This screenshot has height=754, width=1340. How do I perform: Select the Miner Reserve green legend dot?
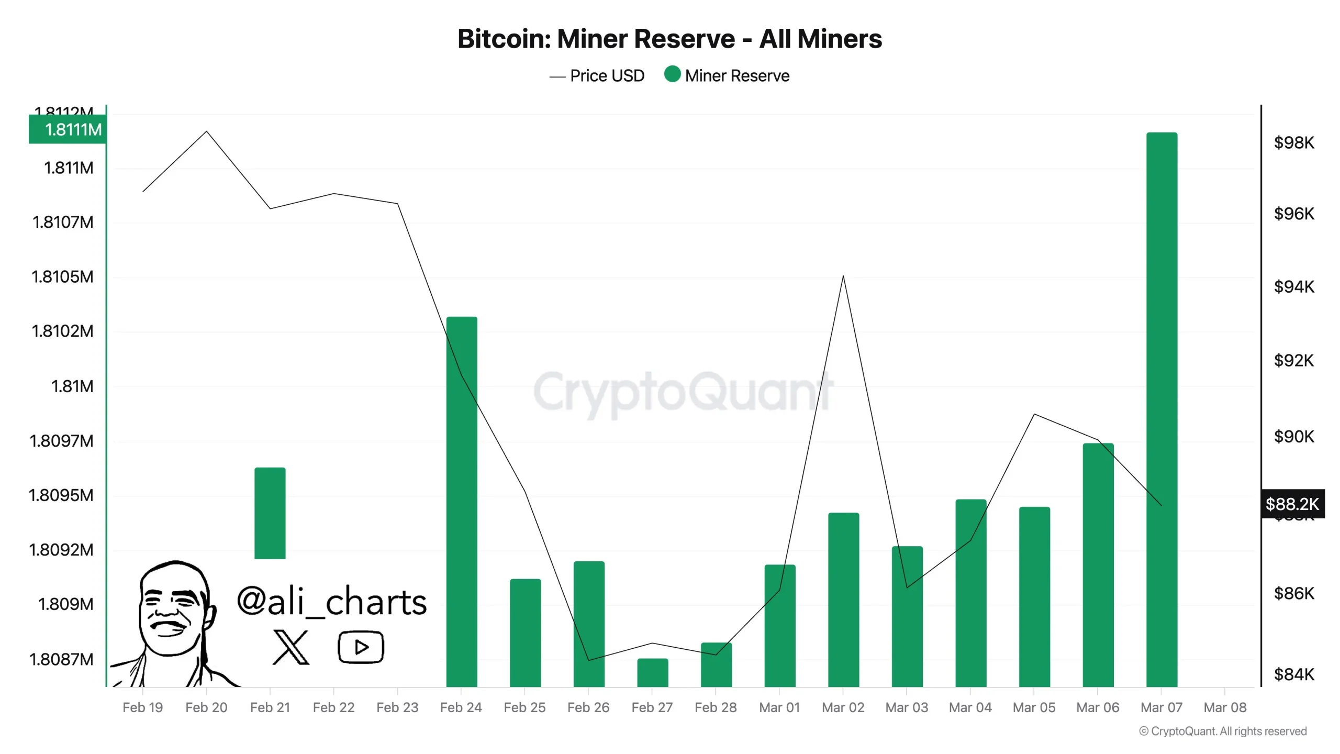[672, 74]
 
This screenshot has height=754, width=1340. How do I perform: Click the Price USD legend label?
[607, 76]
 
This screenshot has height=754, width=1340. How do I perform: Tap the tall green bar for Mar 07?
[1162, 408]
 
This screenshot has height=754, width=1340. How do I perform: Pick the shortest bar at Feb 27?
[652, 672]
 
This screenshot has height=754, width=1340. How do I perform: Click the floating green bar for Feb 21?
[270, 513]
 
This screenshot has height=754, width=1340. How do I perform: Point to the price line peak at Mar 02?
[843, 276]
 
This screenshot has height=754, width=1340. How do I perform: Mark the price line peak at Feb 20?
[207, 131]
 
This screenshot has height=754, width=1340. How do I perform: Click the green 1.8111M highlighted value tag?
[68, 129]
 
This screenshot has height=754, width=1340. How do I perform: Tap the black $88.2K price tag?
[1292, 504]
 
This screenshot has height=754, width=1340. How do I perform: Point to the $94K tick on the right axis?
[1293, 286]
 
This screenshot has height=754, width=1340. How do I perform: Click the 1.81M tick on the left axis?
[72, 386]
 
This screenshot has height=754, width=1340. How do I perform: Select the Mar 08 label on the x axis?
[1225, 707]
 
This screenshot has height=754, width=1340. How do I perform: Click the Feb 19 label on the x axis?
[142, 707]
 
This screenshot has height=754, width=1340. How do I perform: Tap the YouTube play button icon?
[361, 647]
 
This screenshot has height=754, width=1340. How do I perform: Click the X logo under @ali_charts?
[291, 647]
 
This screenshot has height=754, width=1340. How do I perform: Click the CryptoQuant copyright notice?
[1223, 731]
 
